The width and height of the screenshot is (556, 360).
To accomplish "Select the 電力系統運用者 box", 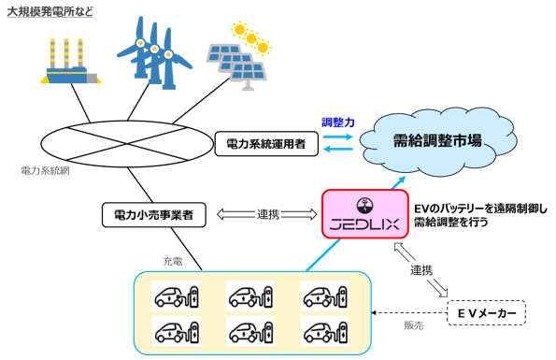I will tap(266, 144).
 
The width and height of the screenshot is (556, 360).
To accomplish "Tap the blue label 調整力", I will tap(337, 122).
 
